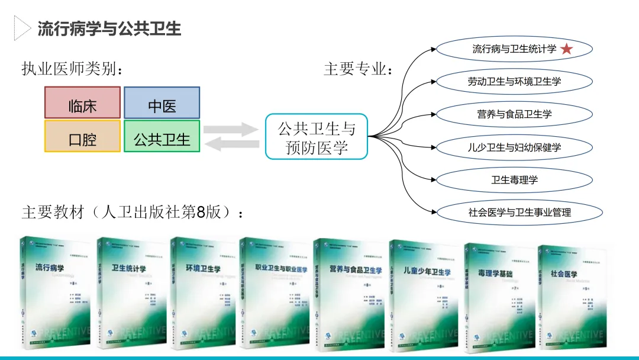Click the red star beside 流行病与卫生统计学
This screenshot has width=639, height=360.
click(x=566, y=49)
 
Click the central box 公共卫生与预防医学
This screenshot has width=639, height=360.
click(x=316, y=137)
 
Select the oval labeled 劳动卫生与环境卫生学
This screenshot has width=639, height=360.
click(x=514, y=82)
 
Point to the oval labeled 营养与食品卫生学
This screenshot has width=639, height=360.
click(x=514, y=114)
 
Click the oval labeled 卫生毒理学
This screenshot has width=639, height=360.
click(x=514, y=179)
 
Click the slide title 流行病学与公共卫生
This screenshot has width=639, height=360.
click(x=109, y=28)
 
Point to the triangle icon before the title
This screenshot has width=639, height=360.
click(x=22, y=28)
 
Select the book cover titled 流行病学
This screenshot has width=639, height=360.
click(x=55, y=293)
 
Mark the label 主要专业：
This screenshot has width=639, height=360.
click(x=359, y=69)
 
